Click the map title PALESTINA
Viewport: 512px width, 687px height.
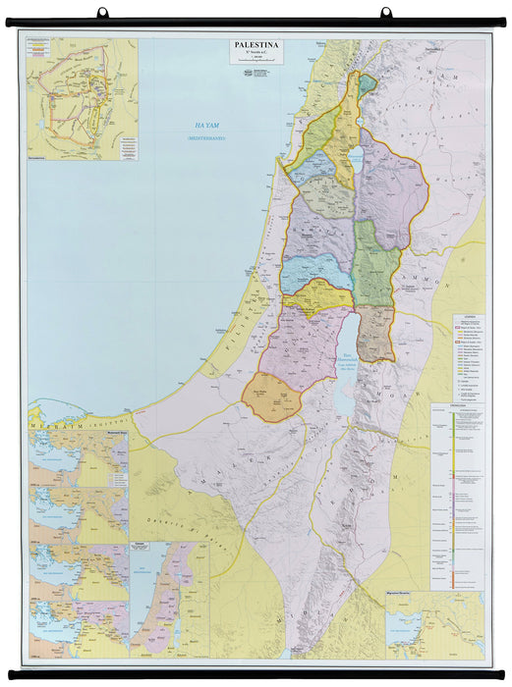tap(256, 44)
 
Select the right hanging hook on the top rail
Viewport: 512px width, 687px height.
tap(385, 13)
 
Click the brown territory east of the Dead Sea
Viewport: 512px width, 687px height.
tap(374, 334)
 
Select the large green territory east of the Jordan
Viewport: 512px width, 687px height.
tap(375, 265)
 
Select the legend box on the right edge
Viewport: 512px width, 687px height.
tap(468, 358)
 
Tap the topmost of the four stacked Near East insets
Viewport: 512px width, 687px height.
tap(79, 457)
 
